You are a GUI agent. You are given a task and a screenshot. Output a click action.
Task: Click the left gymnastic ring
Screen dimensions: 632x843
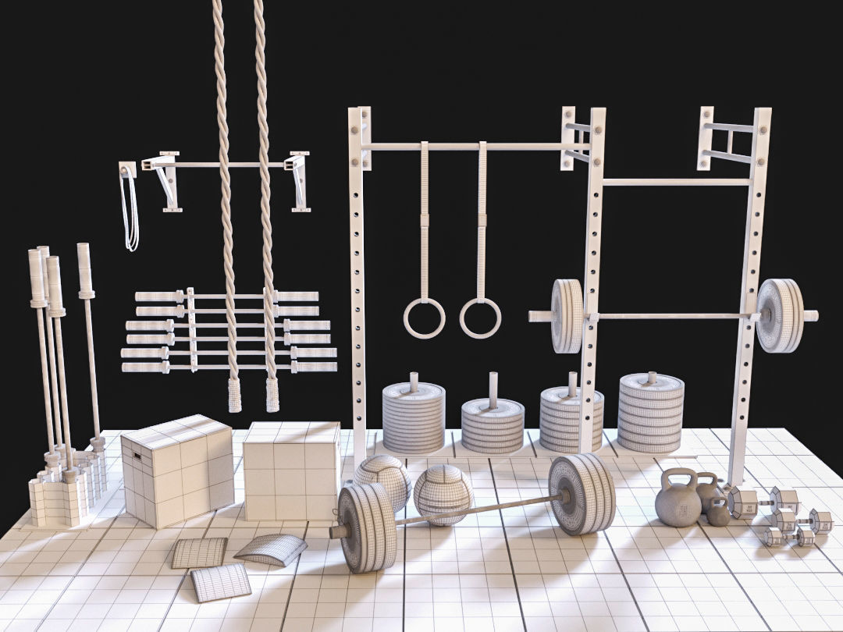pyautogui.click(x=424, y=318)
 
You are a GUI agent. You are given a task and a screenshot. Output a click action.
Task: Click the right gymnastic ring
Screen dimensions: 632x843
pyautogui.click(x=480, y=318)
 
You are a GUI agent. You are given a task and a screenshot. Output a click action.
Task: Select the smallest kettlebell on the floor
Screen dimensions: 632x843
pyautogui.click(x=718, y=513)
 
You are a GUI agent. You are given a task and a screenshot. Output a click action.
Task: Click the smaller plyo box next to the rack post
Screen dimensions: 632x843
pyautogui.click(x=290, y=470)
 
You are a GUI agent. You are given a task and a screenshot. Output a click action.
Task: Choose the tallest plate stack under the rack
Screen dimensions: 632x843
pyautogui.click(x=650, y=412)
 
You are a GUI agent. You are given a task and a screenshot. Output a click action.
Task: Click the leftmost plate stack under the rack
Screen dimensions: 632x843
pyautogui.click(x=413, y=417)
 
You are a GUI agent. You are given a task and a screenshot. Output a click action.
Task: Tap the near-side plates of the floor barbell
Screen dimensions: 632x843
pyautogui.click(x=367, y=527)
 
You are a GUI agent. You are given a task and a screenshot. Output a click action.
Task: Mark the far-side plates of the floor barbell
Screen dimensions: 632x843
pyautogui.click(x=582, y=494)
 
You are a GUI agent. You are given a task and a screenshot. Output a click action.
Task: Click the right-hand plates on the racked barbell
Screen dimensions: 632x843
pyautogui.click(x=778, y=315)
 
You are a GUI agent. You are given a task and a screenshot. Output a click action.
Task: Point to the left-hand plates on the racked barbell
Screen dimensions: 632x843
pyautogui.click(x=567, y=315)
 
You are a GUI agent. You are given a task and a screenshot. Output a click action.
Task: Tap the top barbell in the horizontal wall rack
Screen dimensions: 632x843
pyautogui.click(x=226, y=296)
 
